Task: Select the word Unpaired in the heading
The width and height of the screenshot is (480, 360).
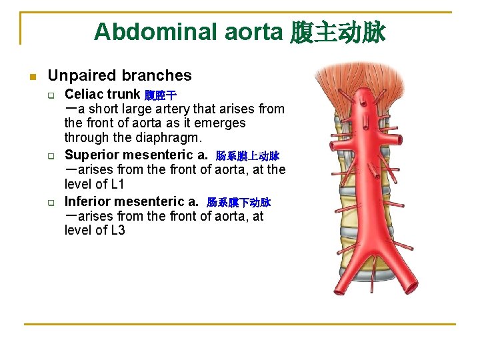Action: [x=79, y=76]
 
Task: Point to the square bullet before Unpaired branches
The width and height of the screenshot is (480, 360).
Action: [x=32, y=77]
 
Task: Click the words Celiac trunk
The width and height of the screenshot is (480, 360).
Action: [x=102, y=94]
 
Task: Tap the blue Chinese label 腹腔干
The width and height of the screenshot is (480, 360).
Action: [x=161, y=95]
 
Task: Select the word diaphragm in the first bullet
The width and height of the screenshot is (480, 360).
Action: [x=166, y=138]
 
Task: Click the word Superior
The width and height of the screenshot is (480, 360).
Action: [x=92, y=155]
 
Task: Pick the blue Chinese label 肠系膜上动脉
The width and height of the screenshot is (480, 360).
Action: [x=247, y=157]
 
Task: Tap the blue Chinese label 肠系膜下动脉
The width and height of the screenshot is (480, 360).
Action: [x=239, y=203]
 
